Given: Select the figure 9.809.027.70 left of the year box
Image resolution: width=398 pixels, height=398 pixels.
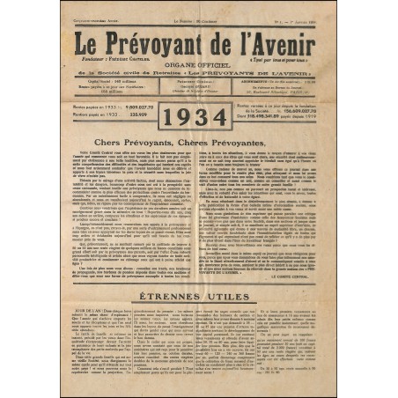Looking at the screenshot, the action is (132, 107).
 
